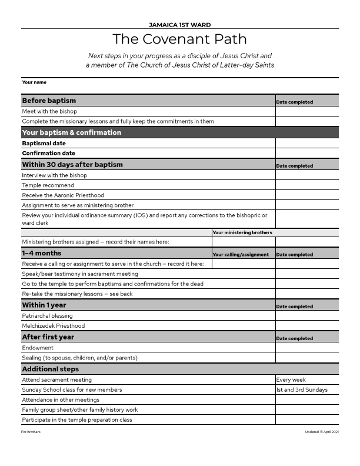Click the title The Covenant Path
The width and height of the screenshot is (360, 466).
tap(179, 39)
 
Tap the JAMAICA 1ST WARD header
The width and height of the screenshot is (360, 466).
tap(180, 25)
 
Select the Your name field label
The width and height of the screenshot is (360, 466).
tap(34, 82)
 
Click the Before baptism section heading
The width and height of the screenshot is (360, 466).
tap(49, 101)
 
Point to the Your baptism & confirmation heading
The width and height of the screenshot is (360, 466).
tap(72, 132)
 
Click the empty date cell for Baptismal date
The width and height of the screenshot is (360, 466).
tap(307, 143)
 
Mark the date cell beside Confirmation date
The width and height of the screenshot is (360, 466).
tap(307, 153)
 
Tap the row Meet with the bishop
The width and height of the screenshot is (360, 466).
tap(49, 111)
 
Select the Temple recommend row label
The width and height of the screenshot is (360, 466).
tap(48, 185)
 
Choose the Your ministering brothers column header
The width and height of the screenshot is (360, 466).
tap(242, 232)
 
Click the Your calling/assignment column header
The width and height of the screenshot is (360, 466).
tap(241, 255)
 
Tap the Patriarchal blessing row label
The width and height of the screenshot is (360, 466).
tap(48, 316)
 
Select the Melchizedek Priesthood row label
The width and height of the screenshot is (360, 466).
tap(54, 326)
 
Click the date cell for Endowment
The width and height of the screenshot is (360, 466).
tap(307, 348)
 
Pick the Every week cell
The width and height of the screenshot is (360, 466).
tap(292, 380)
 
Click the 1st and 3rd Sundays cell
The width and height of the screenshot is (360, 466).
tap(302, 390)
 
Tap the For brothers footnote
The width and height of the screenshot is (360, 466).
tap(31, 432)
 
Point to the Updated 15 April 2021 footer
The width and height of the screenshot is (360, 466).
tap(322, 432)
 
